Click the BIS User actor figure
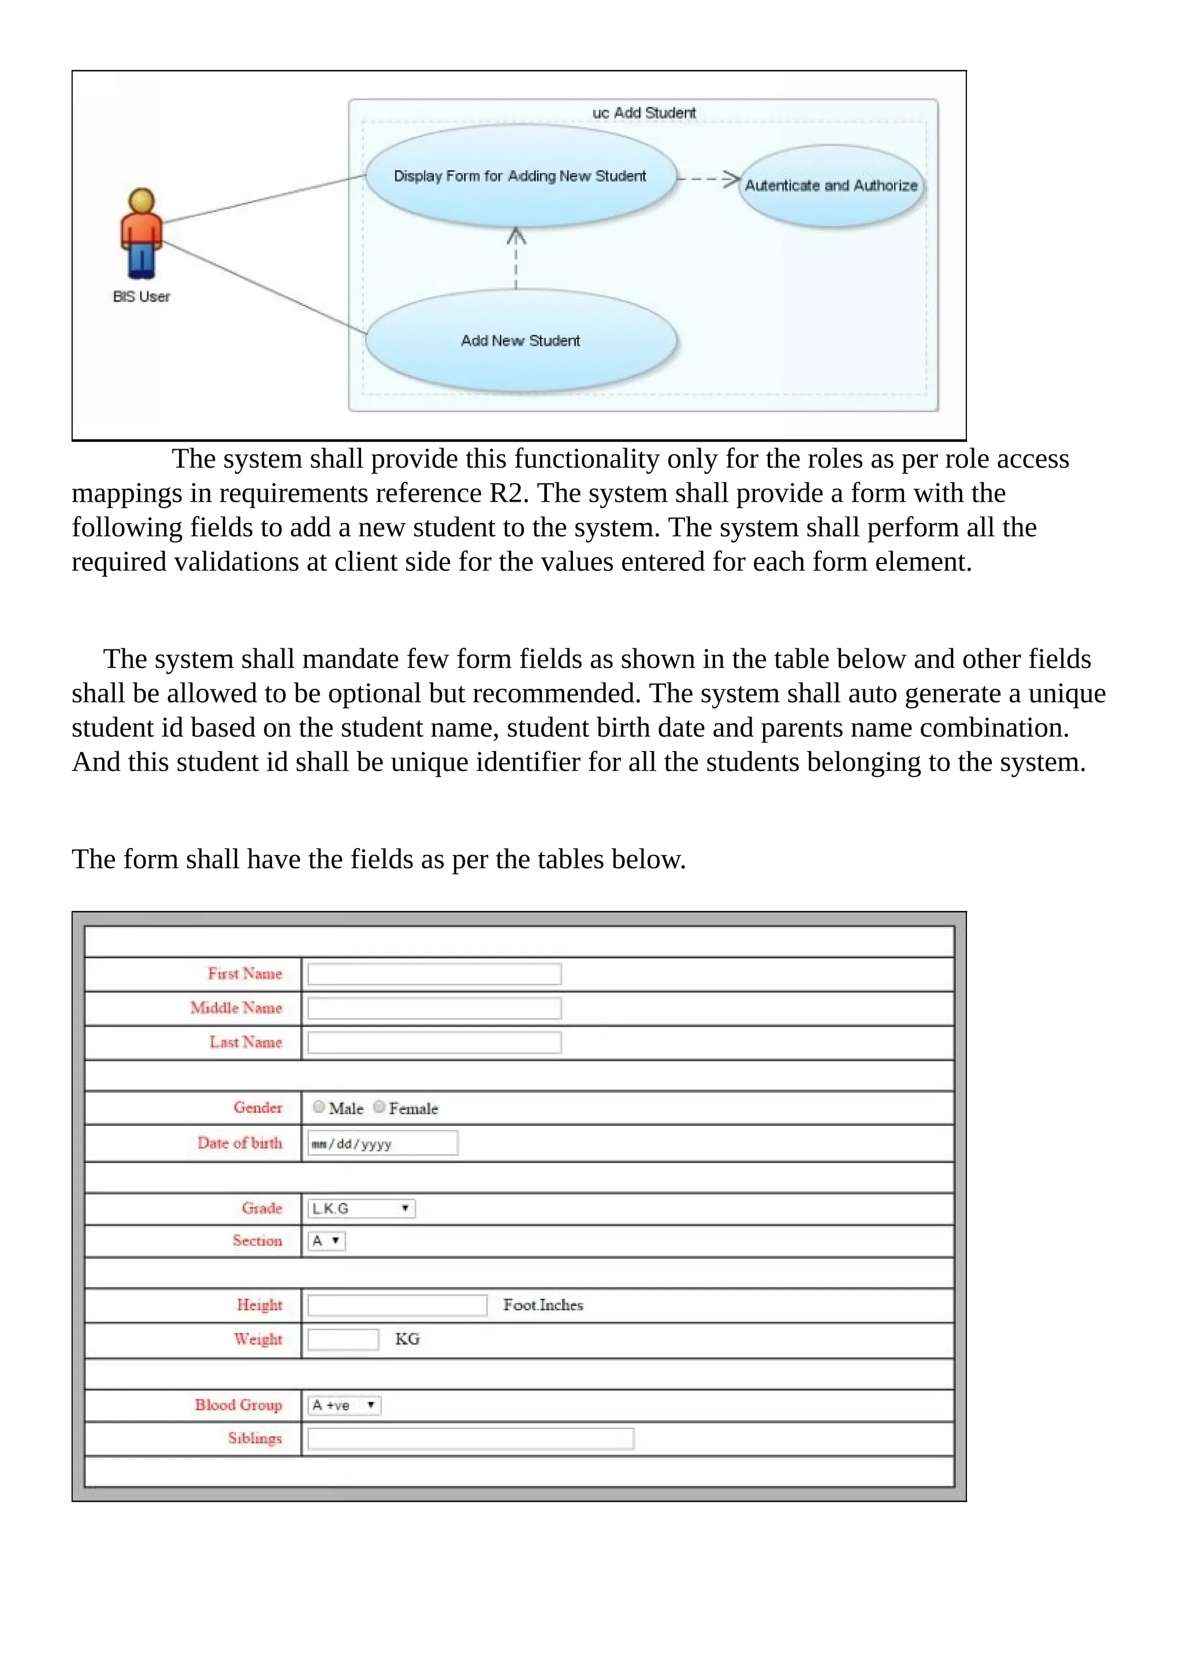click(x=142, y=234)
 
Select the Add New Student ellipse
click(x=521, y=341)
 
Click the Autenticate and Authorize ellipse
click(x=831, y=186)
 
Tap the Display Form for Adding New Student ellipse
click(x=520, y=176)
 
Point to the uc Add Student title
click(x=644, y=113)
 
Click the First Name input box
click(x=434, y=975)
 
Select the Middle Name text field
click(x=434, y=1009)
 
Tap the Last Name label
click(x=245, y=1042)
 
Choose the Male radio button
click(x=318, y=1107)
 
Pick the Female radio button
click(x=379, y=1107)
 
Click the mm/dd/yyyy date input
click(x=382, y=1143)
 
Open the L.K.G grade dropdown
click(x=361, y=1209)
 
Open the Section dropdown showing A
click(x=326, y=1241)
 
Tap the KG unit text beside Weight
click(x=407, y=1339)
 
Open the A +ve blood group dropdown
click(x=344, y=1405)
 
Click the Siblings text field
click(x=471, y=1439)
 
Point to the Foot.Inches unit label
click(x=543, y=1305)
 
